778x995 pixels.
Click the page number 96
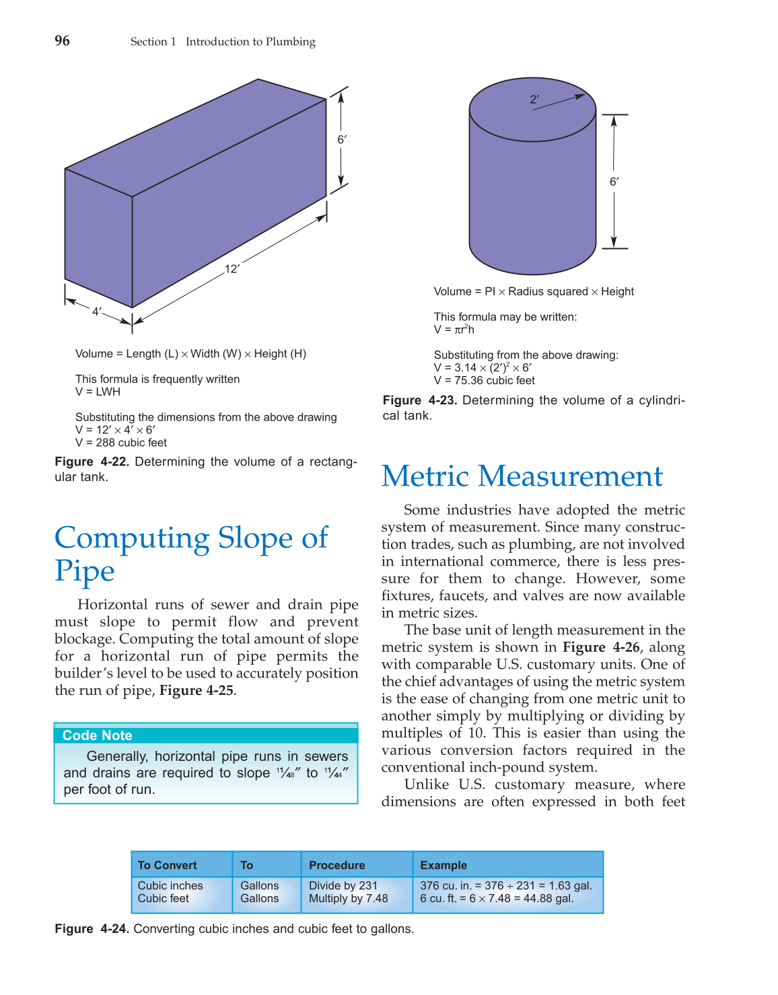click(x=62, y=41)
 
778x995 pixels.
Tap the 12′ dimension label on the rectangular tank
click(x=232, y=269)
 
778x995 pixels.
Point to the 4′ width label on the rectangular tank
click(x=97, y=311)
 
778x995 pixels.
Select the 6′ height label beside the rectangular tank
click(x=342, y=140)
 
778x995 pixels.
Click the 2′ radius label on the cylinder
click(x=534, y=100)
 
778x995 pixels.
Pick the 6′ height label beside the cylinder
click(x=614, y=182)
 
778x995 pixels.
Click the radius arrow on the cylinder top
click(x=559, y=102)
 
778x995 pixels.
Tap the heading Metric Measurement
click(x=522, y=476)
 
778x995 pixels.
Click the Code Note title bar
click(x=206, y=735)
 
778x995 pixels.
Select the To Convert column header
click(x=168, y=865)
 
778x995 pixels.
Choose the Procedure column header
click(x=337, y=865)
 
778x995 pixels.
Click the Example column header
click(x=444, y=865)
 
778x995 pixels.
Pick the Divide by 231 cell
click(x=343, y=885)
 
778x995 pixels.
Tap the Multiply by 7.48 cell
click(x=349, y=898)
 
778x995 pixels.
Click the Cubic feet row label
click(x=164, y=898)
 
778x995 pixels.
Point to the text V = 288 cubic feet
click(x=121, y=443)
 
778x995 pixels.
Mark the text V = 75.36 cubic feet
click(x=485, y=380)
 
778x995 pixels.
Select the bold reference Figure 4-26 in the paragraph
click(x=601, y=647)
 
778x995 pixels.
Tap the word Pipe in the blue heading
click(x=85, y=571)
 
